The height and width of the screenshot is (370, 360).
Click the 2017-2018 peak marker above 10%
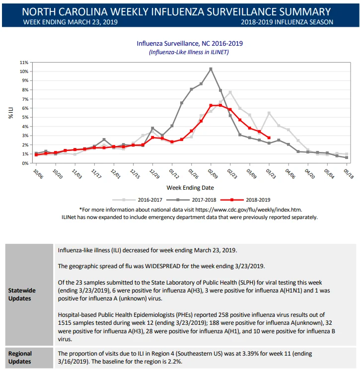[211, 69]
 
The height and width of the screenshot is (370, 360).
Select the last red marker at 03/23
[269, 138]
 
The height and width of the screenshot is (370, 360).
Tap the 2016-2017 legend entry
[138, 200]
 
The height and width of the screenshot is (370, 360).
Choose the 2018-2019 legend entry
[245, 200]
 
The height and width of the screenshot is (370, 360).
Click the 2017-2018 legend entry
[191, 200]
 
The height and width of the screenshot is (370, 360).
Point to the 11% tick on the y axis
[24, 63]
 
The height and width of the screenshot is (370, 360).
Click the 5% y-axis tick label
[25, 117]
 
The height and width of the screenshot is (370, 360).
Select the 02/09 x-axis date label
[213, 174]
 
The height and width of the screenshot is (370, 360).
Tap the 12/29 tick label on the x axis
[155, 174]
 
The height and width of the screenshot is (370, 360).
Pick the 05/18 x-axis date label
[349, 174]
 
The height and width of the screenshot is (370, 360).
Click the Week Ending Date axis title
[190, 188]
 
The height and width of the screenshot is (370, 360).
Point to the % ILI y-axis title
[11, 113]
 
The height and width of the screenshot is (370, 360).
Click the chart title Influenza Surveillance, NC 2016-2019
[190, 43]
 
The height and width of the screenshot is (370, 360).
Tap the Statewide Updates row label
[22, 294]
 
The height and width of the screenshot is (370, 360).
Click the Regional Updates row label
[20, 358]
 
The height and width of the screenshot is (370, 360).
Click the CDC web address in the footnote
[248, 210]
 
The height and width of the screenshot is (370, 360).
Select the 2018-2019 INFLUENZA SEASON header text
[287, 22]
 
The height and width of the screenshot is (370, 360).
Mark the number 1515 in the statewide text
[65, 322]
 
